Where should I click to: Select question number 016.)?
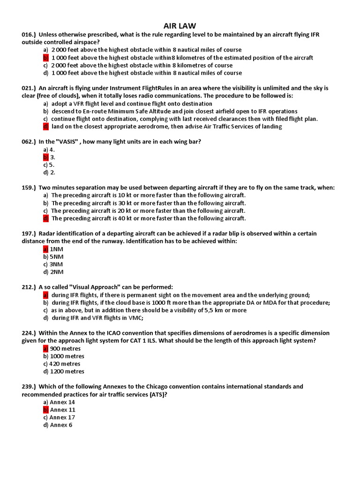(29, 35)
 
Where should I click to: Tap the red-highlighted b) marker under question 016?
(46, 58)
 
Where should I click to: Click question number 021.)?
(29, 88)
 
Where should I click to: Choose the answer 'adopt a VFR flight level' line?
(132, 104)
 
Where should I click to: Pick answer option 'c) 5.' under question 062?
(49, 165)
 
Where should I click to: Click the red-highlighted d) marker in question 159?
(46, 218)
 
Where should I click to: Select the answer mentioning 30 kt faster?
(148, 203)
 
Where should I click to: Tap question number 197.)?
(29, 233)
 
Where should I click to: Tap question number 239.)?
(29, 387)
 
